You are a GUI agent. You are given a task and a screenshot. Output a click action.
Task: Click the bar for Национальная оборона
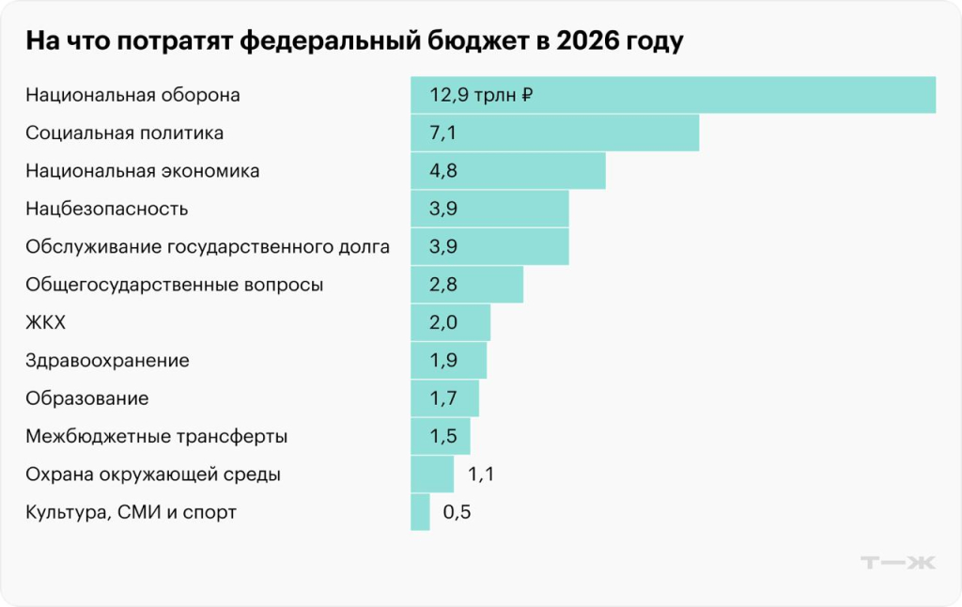[x=673, y=95]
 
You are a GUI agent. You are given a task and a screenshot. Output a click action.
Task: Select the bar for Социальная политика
[x=554, y=132]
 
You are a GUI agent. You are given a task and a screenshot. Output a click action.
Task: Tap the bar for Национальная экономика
[x=507, y=171]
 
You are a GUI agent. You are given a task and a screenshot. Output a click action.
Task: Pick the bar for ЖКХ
[x=450, y=322]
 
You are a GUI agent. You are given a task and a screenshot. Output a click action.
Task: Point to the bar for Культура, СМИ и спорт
[x=420, y=512]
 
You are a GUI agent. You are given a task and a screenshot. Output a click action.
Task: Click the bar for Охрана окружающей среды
[x=432, y=475]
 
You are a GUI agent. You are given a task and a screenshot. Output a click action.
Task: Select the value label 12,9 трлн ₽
[x=482, y=95]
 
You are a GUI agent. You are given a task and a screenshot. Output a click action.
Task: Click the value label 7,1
[x=442, y=132]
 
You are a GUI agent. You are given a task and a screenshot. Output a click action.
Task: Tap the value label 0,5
[x=456, y=512]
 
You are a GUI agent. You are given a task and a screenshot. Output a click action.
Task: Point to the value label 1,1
[x=480, y=475]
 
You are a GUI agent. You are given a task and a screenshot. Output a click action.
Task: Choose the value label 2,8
[x=443, y=285]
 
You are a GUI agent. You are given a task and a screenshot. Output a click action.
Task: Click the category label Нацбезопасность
[x=107, y=209]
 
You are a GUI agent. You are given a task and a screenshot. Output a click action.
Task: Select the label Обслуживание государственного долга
[x=208, y=247]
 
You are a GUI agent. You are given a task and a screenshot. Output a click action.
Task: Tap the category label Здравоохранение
[x=108, y=360]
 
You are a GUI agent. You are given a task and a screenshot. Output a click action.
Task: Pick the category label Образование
[x=87, y=398]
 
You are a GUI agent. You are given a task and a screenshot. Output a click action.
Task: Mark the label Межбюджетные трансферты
[x=157, y=436]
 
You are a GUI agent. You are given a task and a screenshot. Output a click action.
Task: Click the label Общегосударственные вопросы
[x=175, y=285]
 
